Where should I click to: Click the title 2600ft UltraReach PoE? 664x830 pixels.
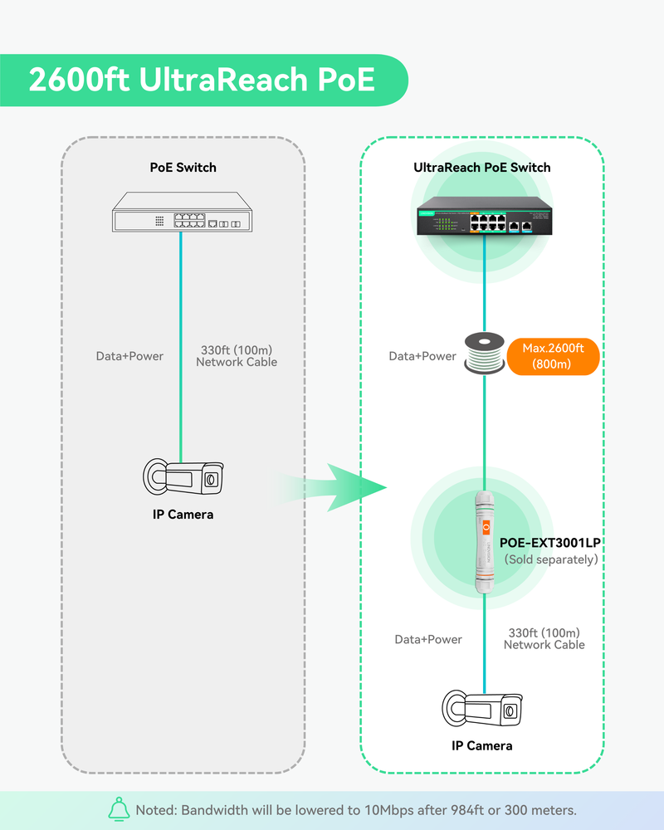tap(201, 81)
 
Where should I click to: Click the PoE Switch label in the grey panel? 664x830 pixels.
tap(183, 167)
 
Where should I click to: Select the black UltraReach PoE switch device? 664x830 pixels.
tap(483, 216)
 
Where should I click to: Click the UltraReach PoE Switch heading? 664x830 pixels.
tap(481, 167)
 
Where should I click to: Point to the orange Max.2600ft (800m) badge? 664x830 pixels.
tap(553, 356)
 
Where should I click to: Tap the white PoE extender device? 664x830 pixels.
tap(483, 539)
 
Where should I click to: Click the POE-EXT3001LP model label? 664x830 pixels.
tap(549, 543)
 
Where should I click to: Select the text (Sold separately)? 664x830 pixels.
tap(551, 559)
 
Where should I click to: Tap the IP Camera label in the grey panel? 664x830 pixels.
tap(183, 515)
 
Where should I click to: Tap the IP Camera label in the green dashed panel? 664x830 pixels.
tap(481, 745)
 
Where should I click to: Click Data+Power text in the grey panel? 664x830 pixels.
tap(129, 356)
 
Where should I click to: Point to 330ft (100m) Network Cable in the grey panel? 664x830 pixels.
tap(237, 356)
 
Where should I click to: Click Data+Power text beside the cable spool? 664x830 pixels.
tap(422, 356)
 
